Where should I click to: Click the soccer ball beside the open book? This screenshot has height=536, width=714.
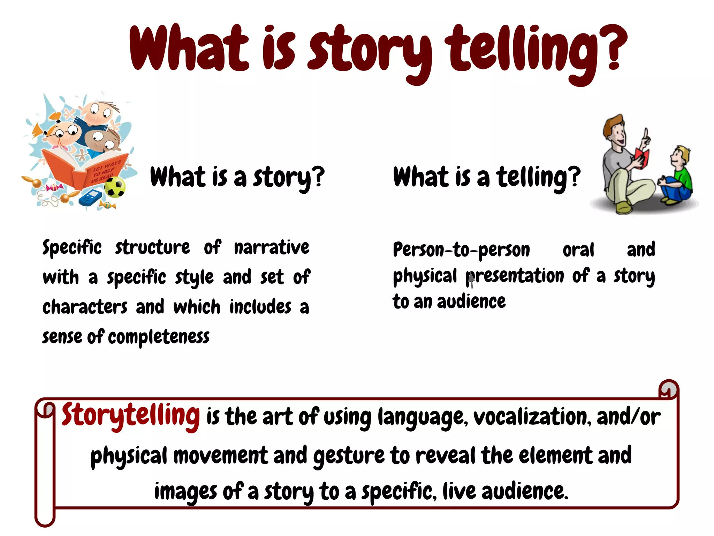coord(115,187)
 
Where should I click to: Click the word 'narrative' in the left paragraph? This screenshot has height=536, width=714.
coord(272,248)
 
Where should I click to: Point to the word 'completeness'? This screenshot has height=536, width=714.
coord(159,337)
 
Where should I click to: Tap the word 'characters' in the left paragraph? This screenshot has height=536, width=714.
coord(85,307)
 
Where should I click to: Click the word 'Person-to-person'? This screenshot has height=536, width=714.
coord(461,250)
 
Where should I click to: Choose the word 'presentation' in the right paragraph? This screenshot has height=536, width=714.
coord(515,276)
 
